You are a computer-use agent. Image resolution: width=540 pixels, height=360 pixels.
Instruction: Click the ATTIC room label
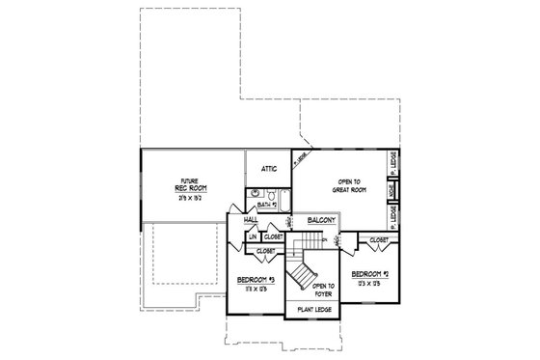tap(270, 169)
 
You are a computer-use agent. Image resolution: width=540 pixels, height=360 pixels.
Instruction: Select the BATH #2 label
tap(268, 206)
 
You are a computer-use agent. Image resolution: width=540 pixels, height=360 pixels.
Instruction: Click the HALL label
tap(250, 220)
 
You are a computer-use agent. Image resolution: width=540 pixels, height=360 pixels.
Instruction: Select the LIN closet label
tap(253, 236)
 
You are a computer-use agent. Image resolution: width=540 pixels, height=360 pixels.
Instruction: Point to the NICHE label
tap(392, 190)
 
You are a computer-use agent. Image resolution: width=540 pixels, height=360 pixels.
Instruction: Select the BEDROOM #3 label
tap(256, 280)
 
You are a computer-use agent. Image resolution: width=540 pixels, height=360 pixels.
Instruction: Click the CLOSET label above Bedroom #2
tap(378, 239)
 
